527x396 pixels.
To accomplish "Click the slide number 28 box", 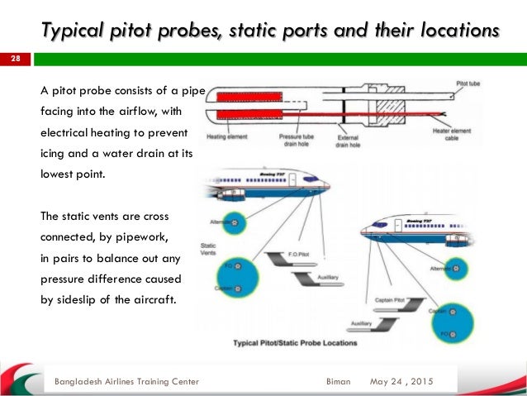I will point(15,60).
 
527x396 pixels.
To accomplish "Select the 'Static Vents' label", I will point(210,246).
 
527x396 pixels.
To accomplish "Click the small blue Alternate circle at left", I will point(237,222).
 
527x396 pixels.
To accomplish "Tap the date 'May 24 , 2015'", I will point(401,381).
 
